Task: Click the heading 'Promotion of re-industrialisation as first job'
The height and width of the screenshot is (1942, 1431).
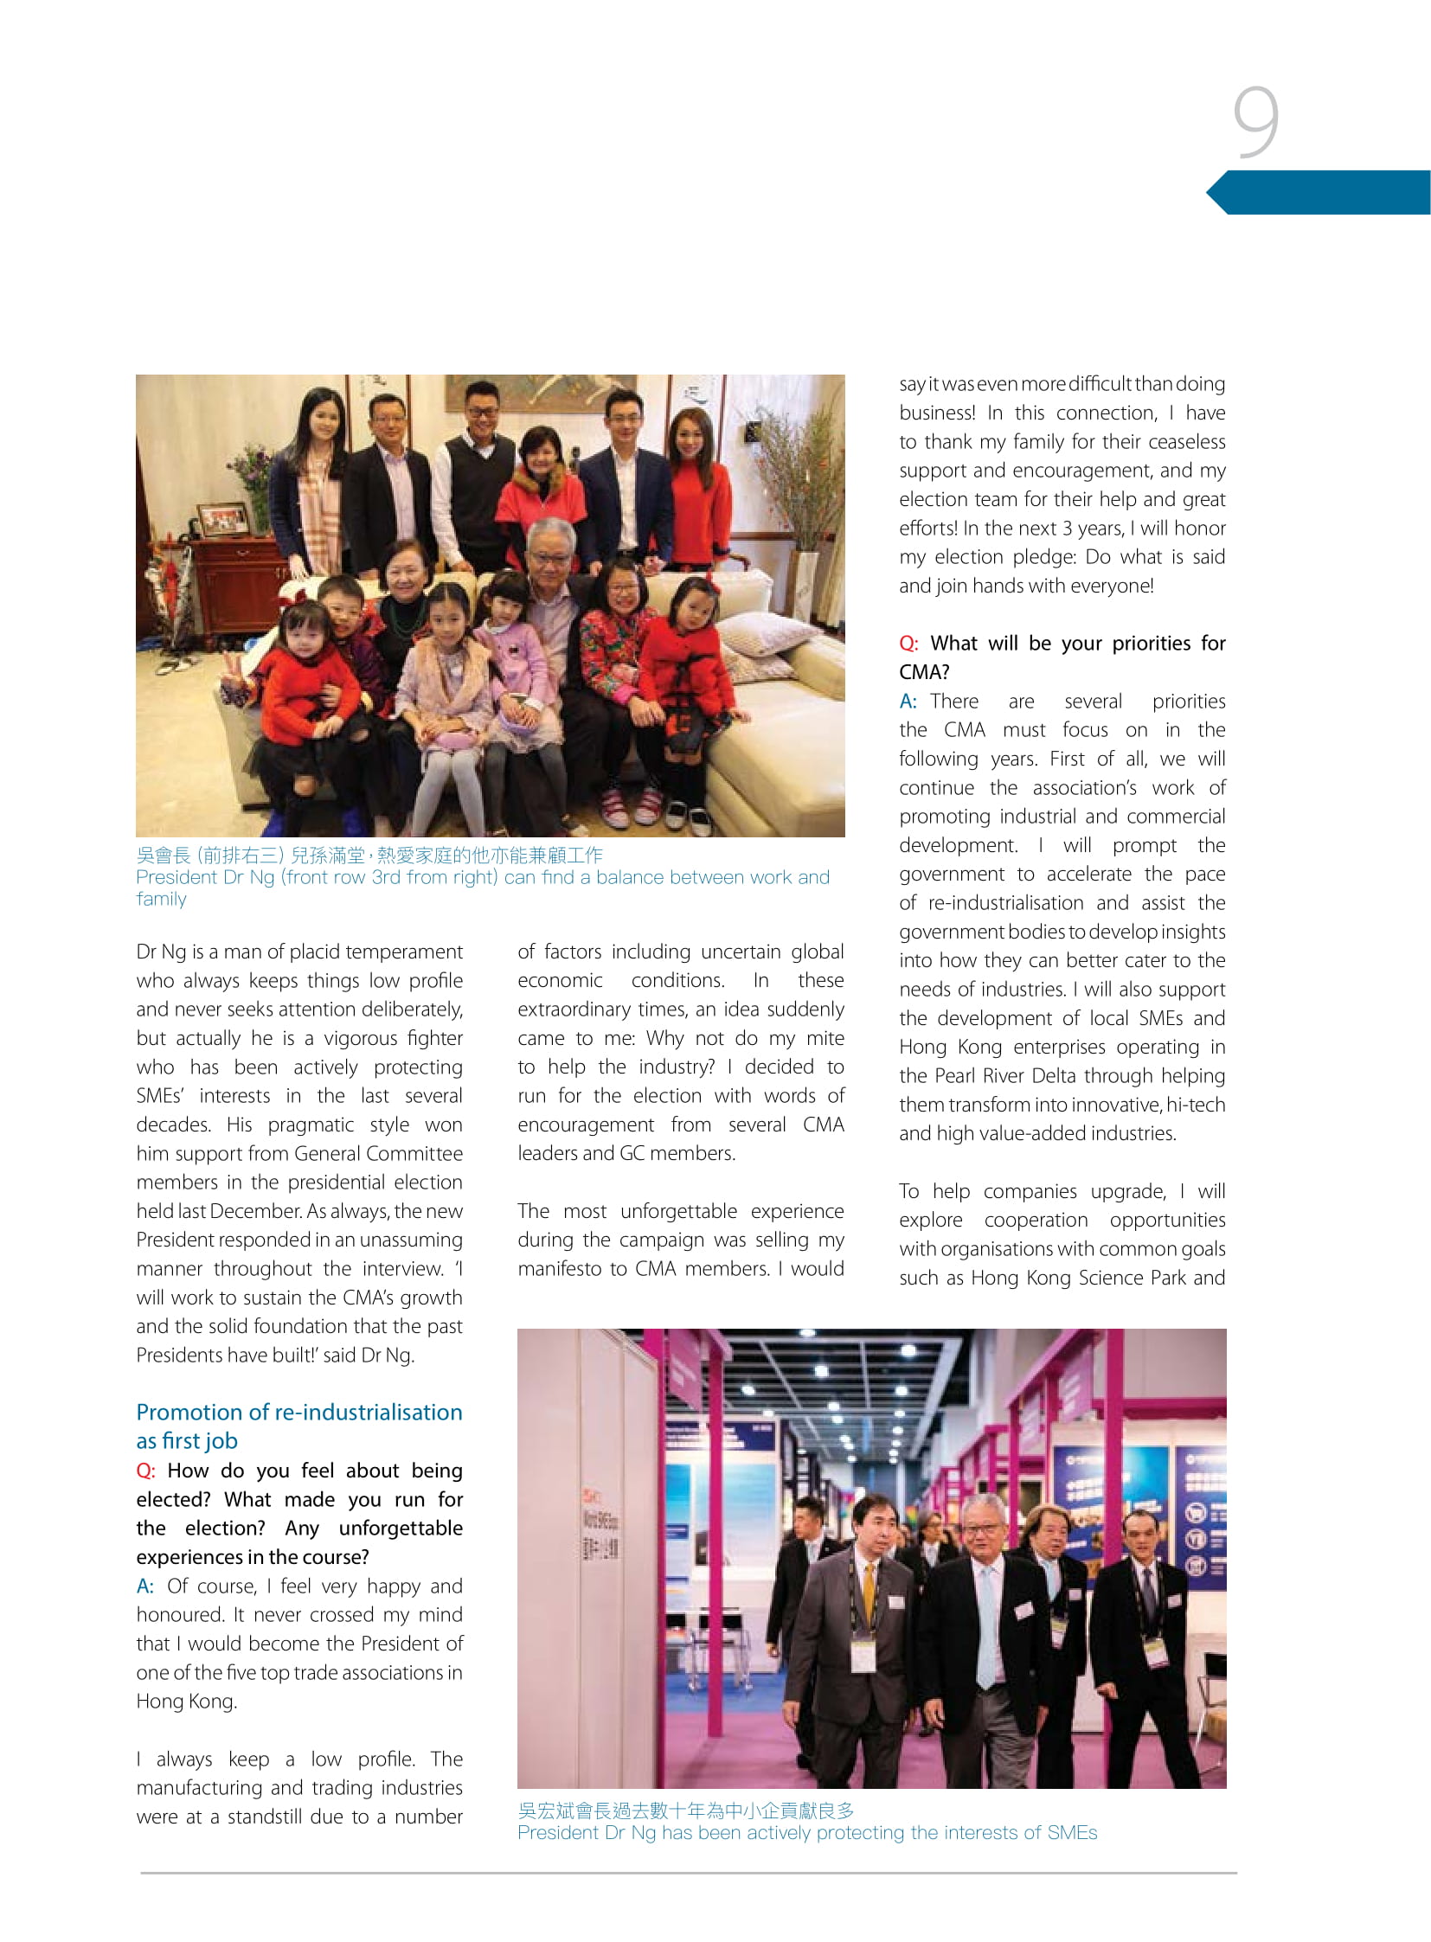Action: click(x=298, y=1426)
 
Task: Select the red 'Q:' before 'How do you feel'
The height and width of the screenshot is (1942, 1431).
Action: click(x=145, y=1471)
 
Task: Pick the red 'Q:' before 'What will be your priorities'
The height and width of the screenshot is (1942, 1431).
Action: click(x=908, y=644)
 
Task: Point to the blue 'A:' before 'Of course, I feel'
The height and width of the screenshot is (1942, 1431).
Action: click(x=144, y=1586)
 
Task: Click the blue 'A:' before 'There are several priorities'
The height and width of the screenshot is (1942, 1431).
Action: click(x=907, y=701)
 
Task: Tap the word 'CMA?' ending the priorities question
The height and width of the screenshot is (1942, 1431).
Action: click(x=924, y=672)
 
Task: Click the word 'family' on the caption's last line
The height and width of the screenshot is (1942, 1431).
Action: click(x=161, y=899)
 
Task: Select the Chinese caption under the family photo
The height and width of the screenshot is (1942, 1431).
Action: click(x=369, y=856)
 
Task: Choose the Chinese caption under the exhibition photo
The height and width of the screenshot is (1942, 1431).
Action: click(x=685, y=1811)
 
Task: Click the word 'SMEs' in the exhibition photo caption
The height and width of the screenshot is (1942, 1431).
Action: click(x=1073, y=1833)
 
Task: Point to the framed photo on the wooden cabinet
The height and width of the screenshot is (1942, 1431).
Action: click(x=222, y=520)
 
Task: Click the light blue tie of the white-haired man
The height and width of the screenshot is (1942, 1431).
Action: click(x=988, y=1620)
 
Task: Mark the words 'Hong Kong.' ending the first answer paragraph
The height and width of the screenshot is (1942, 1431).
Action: click(x=186, y=1702)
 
